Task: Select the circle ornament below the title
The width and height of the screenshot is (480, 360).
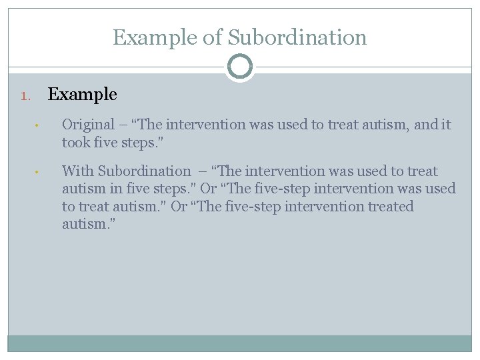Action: tap(240, 67)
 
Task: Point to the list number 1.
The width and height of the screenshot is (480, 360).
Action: tap(25, 96)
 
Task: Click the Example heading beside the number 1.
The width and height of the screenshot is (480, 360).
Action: tap(83, 95)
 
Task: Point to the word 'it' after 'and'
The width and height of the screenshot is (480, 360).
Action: tap(446, 125)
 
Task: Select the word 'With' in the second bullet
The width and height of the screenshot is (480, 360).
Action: tap(77, 171)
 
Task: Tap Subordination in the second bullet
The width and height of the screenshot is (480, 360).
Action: tap(144, 171)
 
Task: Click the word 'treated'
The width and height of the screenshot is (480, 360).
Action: tap(387, 207)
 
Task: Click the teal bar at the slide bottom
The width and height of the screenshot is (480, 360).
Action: tap(240, 343)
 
